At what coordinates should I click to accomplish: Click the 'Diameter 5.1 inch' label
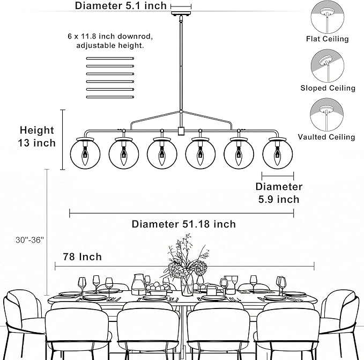tap(121, 5)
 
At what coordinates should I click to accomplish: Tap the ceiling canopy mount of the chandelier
tap(181, 13)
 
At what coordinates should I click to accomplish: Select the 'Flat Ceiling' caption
tap(328, 39)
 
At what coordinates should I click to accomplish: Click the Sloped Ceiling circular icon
tap(328, 66)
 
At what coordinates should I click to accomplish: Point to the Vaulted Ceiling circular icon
tap(327, 115)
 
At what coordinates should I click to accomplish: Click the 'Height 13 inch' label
tap(37, 137)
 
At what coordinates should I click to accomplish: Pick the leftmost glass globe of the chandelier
tap(85, 154)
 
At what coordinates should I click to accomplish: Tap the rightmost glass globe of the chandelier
tap(278, 154)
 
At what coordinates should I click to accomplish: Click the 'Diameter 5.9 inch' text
tap(279, 193)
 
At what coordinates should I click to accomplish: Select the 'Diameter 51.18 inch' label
tap(184, 224)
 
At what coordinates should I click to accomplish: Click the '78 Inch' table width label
tap(83, 257)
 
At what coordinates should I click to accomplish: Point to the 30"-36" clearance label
tap(29, 240)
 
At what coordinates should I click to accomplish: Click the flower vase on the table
tap(187, 284)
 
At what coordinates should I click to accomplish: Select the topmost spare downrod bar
tap(110, 58)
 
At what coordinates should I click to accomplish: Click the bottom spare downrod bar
tap(110, 97)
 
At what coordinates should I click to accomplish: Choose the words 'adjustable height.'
tap(110, 45)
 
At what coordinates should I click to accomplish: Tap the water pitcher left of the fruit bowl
tap(139, 284)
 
